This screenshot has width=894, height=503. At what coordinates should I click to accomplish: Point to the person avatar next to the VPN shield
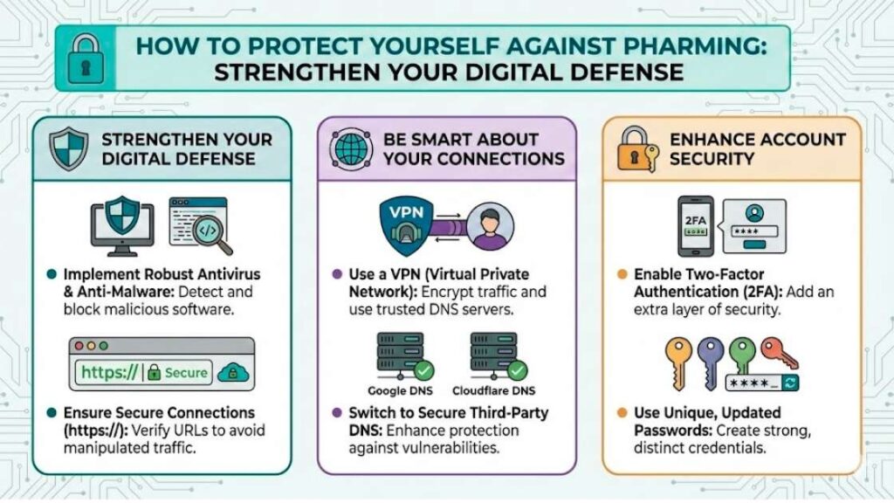(x=490, y=225)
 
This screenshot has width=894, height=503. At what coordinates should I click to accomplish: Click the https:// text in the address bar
(x=108, y=372)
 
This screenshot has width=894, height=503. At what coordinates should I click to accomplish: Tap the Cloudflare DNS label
(x=494, y=390)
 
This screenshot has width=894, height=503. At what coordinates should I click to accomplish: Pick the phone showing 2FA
(x=696, y=224)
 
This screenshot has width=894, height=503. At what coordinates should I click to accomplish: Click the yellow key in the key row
(x=680, y=357)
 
